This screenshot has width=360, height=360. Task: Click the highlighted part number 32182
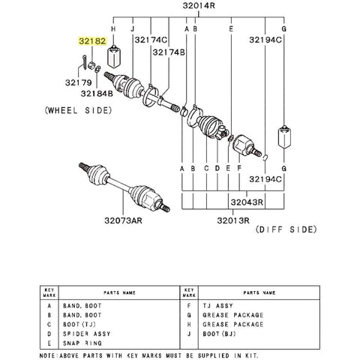pos(92,41)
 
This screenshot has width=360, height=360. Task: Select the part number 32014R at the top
pos(199,5)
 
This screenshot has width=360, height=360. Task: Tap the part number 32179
pos(79,82)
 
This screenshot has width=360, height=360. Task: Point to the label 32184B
pos(97,94)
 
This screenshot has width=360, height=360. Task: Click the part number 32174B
pos(169,52)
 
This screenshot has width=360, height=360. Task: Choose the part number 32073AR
pos(123,220)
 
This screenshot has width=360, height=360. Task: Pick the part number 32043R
pos(247,202)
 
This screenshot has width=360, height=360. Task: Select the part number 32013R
pos(233,220)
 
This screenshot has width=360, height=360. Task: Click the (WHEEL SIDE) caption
pos(78,110)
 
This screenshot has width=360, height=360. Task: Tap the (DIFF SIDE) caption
pos(286,229)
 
